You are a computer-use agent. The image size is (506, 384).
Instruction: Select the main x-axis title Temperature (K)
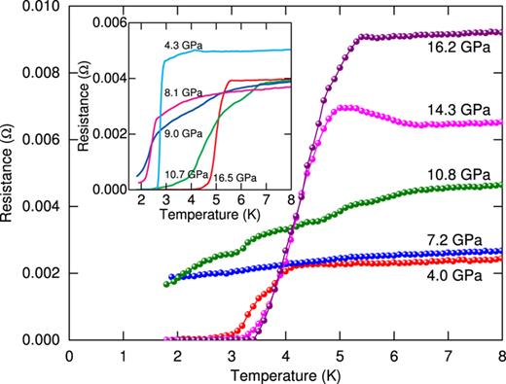285,373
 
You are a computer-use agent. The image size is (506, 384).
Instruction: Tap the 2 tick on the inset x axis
142,201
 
